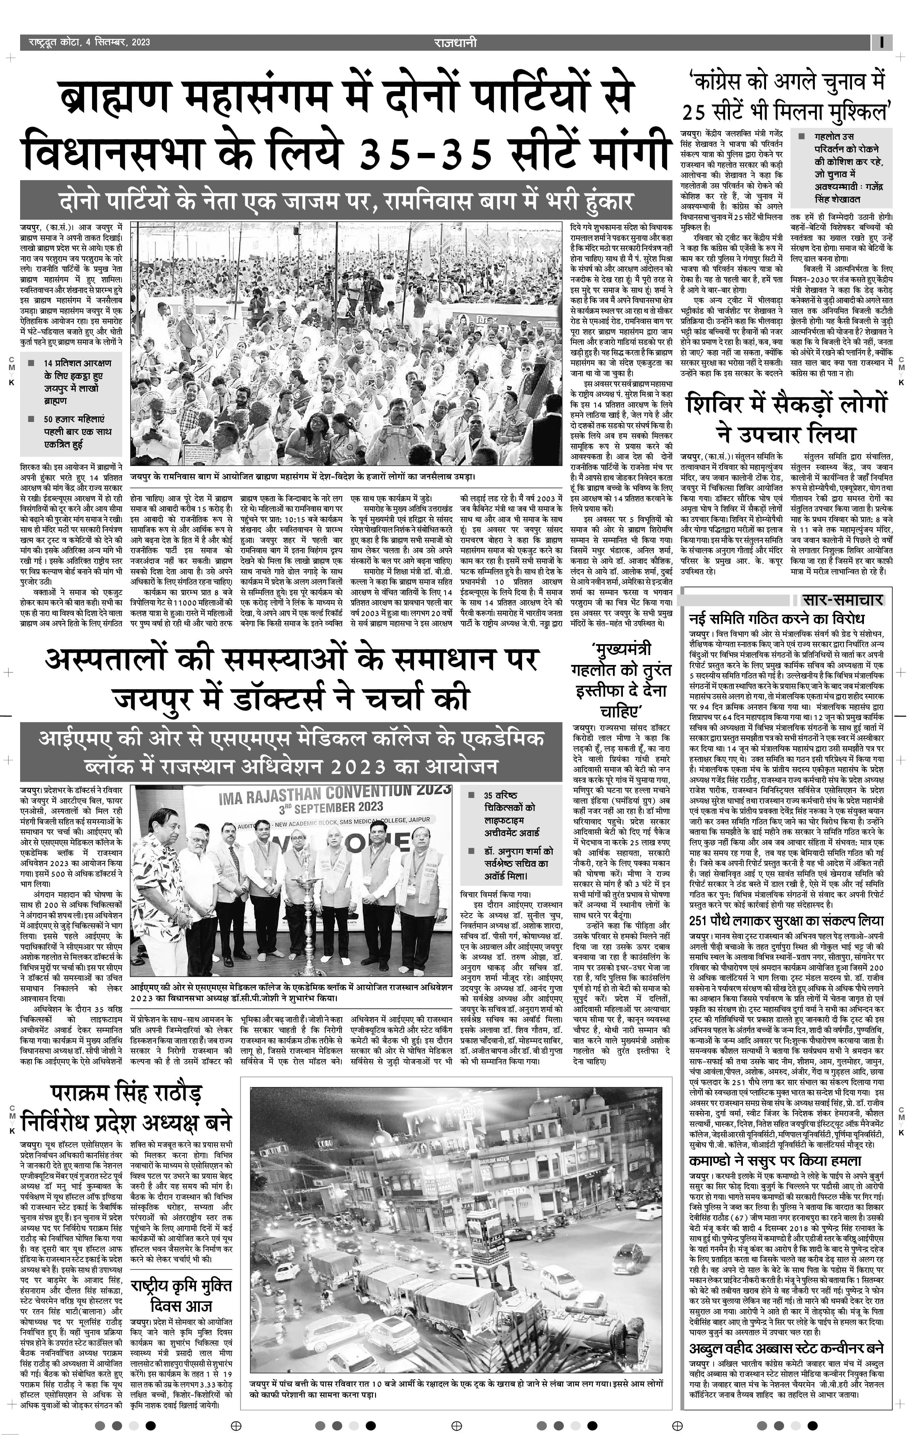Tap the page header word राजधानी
(x=455, y=42)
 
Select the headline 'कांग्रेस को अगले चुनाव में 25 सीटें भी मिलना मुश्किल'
(x=786, y=97)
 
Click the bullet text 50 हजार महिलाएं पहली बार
(x=77, y=432)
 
